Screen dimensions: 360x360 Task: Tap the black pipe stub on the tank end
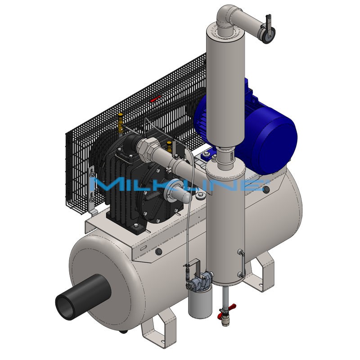point(83,297)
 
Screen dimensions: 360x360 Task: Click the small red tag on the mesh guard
point(155,99)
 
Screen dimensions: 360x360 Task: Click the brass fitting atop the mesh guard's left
point(120,123)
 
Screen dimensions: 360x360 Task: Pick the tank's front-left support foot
point(158,326)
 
